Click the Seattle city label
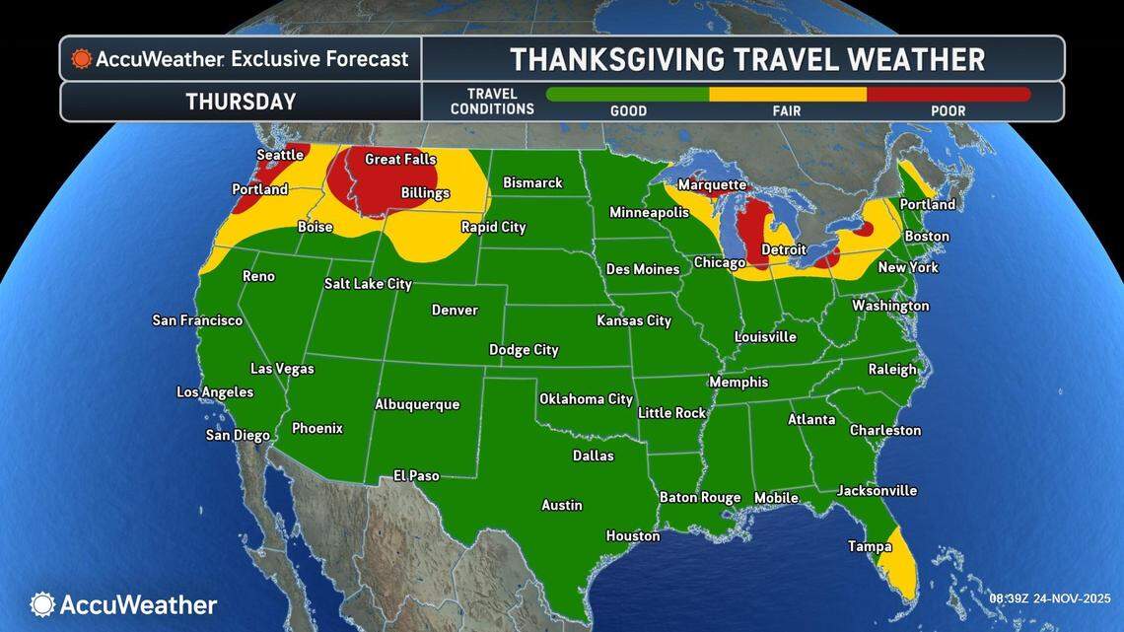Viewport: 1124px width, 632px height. (x=279, y=155)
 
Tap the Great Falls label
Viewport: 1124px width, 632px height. (x=400, y=159)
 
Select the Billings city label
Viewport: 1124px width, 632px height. (x=425, y=193)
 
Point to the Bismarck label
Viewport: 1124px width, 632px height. (x=532, y=182)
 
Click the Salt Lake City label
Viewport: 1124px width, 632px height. (x=368, y=284)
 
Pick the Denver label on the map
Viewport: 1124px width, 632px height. (x=455, y=310)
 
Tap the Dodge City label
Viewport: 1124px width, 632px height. (x=524, y=349)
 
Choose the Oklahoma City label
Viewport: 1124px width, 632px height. (x=586, y=399)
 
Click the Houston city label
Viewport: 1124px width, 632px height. (x=633, y=535)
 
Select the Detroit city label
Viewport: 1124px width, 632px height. (x=784, y=249)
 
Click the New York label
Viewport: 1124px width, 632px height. (x=908, y=267)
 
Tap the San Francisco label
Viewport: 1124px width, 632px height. (x=197, y=320)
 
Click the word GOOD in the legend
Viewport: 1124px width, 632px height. (x=628, y=110)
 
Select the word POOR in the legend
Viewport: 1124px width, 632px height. (x=948, y=110)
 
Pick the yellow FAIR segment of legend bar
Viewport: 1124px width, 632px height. (x=787, y=95)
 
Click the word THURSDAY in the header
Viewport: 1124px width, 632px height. (x=241, y=102)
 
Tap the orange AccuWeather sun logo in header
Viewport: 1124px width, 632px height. (x=82, y=59)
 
